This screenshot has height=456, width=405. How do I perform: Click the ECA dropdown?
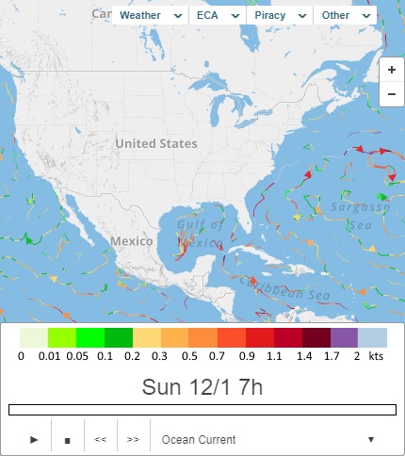click(x=217, y=16)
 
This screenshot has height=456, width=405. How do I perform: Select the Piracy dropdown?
click(x=280, y=16)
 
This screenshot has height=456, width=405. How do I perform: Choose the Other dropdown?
click(x=345, y=16)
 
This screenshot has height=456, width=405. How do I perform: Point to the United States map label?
click(x=156, y=144)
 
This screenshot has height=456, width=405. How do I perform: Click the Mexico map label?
click(x=131, y=241)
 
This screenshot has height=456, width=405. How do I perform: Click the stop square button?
click(x=67, y=439)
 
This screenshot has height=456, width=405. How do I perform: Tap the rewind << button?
click(x=100, y=439)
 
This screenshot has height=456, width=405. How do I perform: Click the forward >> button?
click(x=133, y=439)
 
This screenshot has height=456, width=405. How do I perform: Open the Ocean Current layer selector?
click(x=268, y=439)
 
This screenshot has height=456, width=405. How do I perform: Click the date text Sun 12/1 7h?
click(x=202, y=386)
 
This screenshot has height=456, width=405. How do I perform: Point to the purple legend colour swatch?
click(x=344, y=337)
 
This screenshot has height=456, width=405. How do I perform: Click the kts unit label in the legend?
click(x=375, y=357)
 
